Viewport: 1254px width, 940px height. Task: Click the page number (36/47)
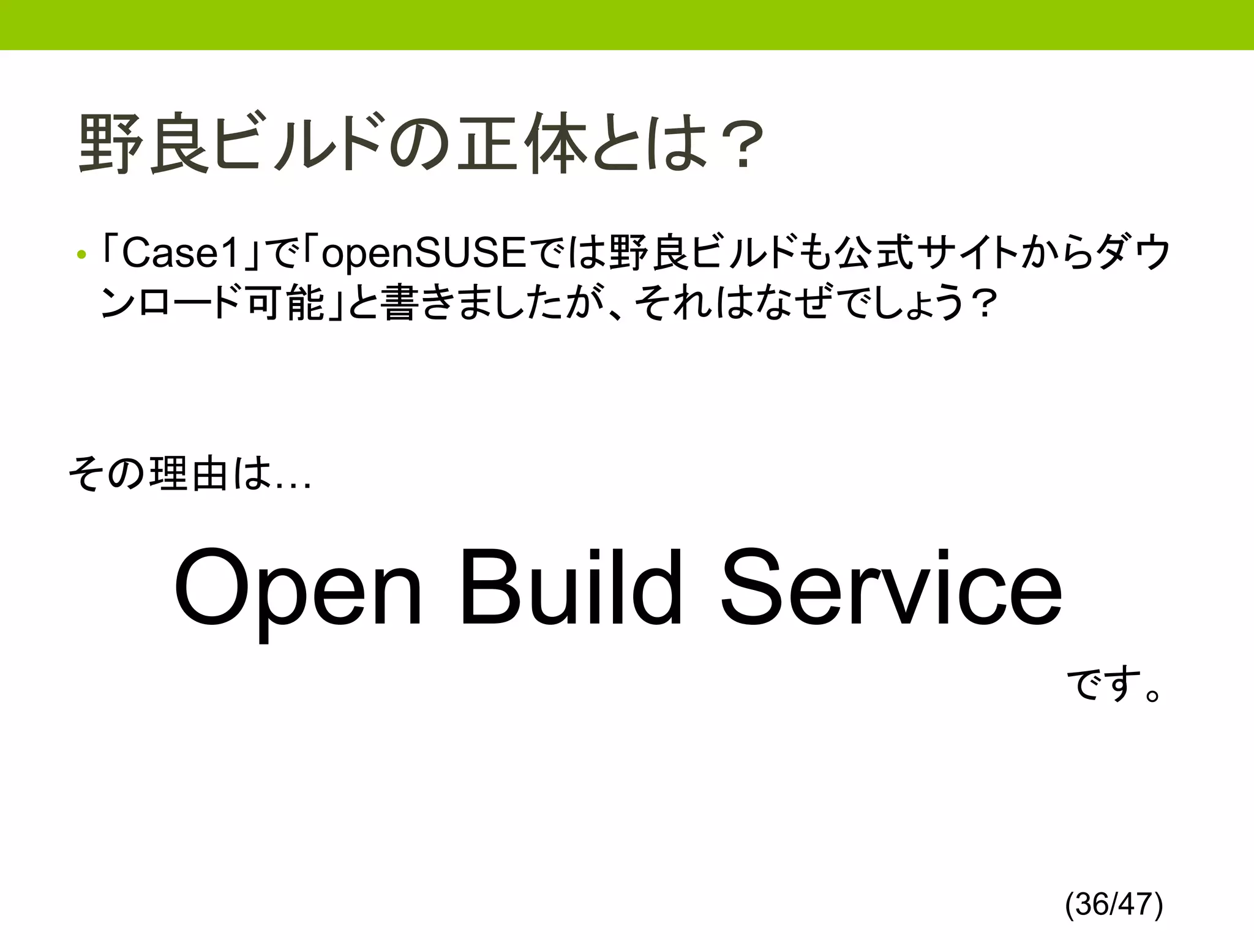[1114, 904]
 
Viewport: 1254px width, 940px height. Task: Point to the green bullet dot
[81, 255]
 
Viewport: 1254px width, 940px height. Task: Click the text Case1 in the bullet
[181, 253]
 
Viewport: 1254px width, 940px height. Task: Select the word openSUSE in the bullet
[423, 253]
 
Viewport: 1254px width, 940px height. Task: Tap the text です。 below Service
[1114, 685]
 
